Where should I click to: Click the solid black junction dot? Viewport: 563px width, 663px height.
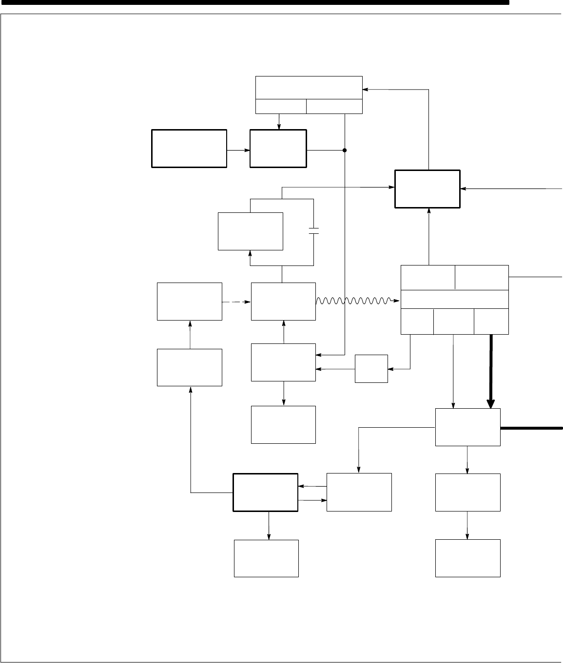click(345, 150)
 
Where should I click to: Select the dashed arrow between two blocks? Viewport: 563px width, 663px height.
click(236, 302)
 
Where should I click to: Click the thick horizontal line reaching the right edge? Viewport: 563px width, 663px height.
click(531, 428)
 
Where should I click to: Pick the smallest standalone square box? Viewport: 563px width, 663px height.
click(371, 369)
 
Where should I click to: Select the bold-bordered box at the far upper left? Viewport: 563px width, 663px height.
click(189, 149)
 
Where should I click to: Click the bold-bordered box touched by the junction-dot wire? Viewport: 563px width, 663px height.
click(278, 149)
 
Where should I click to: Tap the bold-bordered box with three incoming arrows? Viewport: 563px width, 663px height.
click(427, 189)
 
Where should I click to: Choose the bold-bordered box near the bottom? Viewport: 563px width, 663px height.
click(266, 492)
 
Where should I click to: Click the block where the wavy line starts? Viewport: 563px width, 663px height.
click(283, 301)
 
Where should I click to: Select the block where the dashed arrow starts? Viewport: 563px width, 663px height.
click(190, 301)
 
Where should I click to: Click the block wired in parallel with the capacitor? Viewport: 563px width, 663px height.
click(251, 231)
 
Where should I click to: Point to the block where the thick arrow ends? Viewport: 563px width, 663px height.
click(467, 427)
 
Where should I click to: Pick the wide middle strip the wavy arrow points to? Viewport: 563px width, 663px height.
click(454, 299)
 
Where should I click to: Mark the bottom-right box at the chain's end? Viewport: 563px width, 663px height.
click(467, 558)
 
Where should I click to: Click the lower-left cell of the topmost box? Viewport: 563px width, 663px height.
click(281, 106)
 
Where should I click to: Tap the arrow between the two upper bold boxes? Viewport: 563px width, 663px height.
click(238, 150)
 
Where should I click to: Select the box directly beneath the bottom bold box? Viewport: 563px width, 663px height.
click(266, 558)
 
